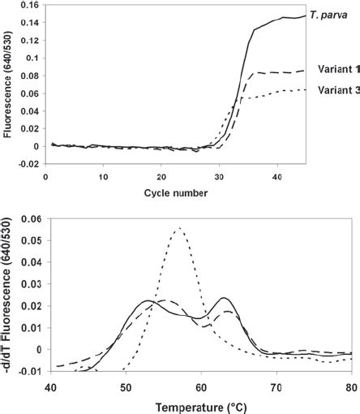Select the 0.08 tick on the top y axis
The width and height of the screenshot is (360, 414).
[x=28, y=80]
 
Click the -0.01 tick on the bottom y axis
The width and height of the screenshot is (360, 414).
[x=31, y=372]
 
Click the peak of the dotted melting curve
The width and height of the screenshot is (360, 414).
[x=178, y=228]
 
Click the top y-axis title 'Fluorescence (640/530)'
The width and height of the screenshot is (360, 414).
[x=9, y=89]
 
